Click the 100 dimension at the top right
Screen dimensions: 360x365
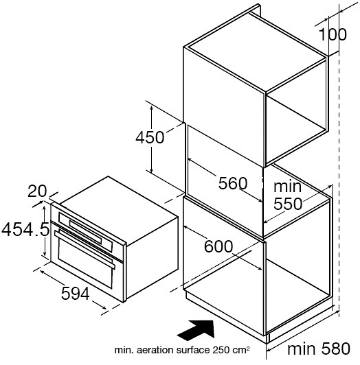[333, 34]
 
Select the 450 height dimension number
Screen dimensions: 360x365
[150, 137]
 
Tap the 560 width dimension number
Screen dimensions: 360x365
[233, 183]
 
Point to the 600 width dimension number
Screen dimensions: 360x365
[218, 246]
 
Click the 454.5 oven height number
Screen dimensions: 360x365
[25, 229]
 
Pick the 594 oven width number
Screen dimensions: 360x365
[76, 294]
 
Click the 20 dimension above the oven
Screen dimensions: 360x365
[37, 191]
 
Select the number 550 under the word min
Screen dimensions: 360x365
[288, 204]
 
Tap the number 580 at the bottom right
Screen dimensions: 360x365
[336, 349]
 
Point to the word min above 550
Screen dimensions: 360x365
[287, 186]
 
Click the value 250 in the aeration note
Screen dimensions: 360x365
[221, 350]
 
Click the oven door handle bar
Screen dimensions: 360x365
[85, 249]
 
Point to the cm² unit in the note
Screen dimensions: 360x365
[241, 350]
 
